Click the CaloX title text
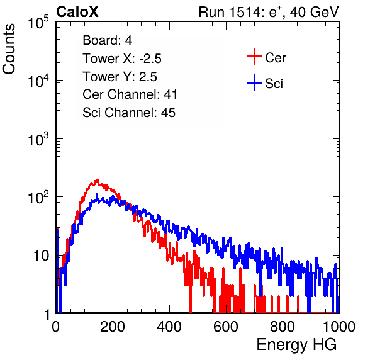[x=77, y=12]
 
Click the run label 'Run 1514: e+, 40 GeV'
[x=269, y=12]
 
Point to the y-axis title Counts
[x=9, y=49]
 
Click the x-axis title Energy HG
[x=296, y=345]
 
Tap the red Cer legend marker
[x=254, y=57]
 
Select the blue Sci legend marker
[x=254, y=82]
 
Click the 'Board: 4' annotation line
[x=107, y=40]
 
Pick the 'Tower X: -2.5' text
[x=122, y=59]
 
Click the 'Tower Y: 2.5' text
[x=120, y=77]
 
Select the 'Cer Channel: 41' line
[x=130, y=94]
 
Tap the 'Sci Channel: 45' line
[x=129, y=113]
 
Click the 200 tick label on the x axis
[x=113, y=327]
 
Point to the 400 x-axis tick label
[x=169, y=327]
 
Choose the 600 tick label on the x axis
[x=226, y=327]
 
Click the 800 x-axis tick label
[x=283, y=327]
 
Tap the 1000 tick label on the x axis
[x=339, y=327]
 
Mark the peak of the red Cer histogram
[x=98, y=179]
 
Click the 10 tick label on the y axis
[x=41, y=256]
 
